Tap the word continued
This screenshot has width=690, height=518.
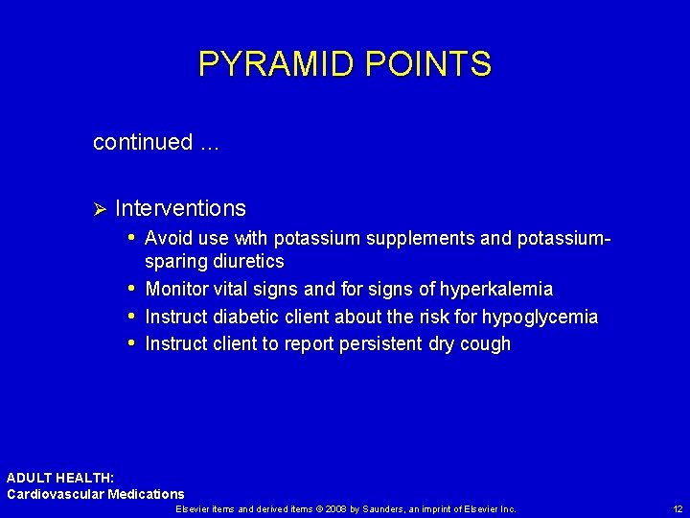143,143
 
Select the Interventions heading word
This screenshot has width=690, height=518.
180,208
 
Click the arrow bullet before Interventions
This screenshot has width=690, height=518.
98,209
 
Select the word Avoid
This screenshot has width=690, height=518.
165,238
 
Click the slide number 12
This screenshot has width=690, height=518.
678,509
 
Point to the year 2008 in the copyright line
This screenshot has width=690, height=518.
334,509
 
